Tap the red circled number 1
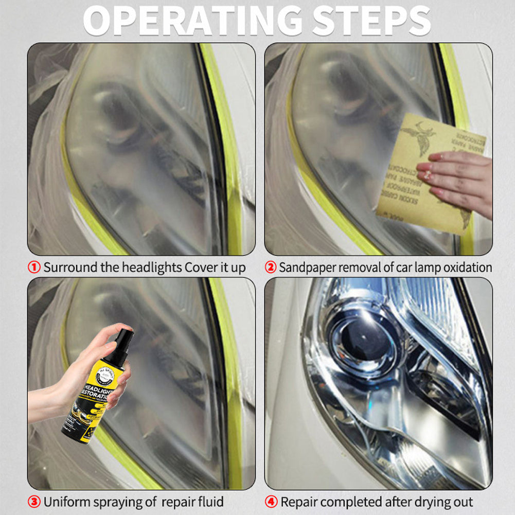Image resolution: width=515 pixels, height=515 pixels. pos(34,268)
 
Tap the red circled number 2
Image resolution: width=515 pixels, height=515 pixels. pos(271,268)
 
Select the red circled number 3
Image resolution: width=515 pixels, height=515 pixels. pos(34,502)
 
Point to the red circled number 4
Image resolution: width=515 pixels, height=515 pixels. pos(272,502)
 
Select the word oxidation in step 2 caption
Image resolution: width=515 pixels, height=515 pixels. pos(465,268)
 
